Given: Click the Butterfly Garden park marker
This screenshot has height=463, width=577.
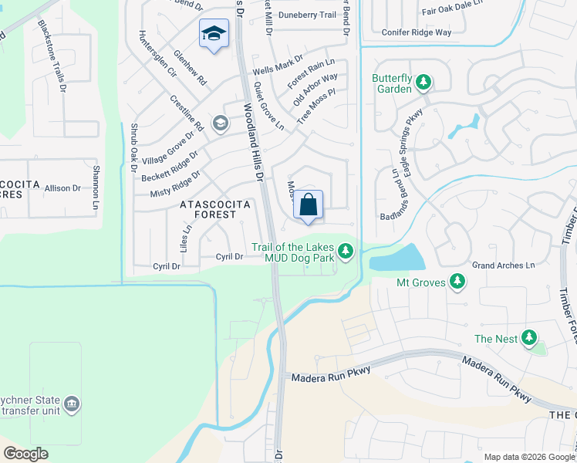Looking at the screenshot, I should pos(423,82).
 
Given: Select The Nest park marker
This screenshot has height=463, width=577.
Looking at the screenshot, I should pos(529,337).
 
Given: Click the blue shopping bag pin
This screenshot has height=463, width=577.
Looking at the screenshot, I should pos(308,205).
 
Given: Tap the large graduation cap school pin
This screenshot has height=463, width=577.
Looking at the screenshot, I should pos(213,34).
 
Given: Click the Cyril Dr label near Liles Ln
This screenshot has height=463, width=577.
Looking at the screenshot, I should pos(230,256).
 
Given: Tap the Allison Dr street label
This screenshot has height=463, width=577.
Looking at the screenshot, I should pos(62,188).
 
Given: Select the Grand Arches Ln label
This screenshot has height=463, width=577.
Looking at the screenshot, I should pos(503,265).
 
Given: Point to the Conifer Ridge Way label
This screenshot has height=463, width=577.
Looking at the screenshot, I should pos(417,32).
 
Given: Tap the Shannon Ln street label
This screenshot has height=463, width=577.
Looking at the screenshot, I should pos(96,188).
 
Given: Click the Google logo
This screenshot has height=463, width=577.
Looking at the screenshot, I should pos(25,453).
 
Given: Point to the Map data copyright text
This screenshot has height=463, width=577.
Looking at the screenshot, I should pos(529,457).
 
